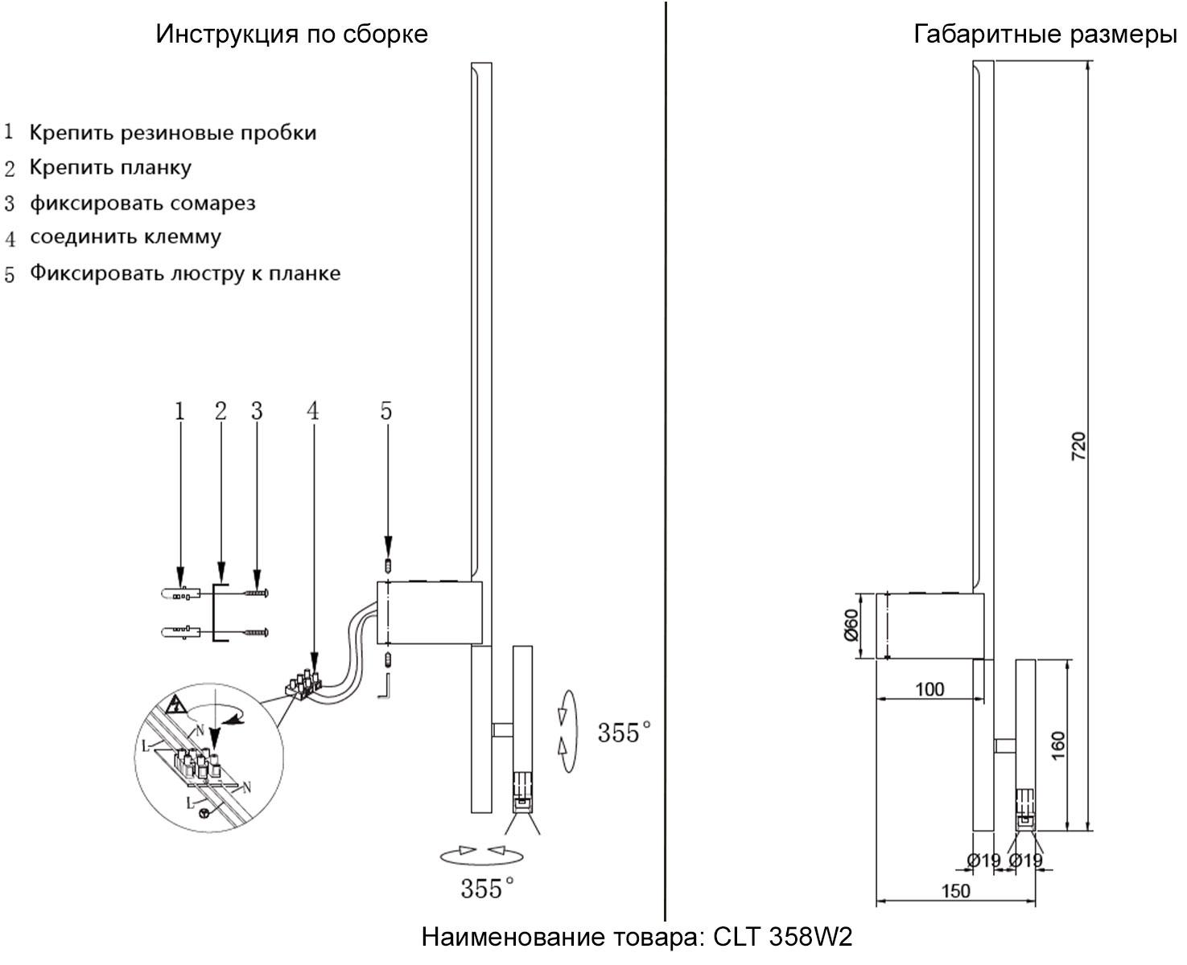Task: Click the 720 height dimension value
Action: click(x=1079, y=446)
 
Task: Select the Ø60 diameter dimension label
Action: click(x=851, y=625)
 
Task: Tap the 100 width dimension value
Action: click(x=929, y=689)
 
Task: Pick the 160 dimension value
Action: click(x=1057, y=745)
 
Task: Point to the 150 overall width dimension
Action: click(x=956, y=891)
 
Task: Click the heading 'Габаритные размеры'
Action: click(x=1045, y=34)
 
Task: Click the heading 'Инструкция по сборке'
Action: click(x=291, y=34)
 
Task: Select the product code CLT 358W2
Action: click(x=782, y=937)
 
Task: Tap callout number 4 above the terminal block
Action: click(x=312, y=411)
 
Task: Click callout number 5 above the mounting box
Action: click(x=386, y=411)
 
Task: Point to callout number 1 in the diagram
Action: click(x=179, y=411)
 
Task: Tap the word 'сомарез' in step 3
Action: click(x=212, y=203)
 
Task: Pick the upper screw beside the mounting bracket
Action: click(x=257, y=593)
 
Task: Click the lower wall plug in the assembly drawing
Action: click(x=181, y=632)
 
